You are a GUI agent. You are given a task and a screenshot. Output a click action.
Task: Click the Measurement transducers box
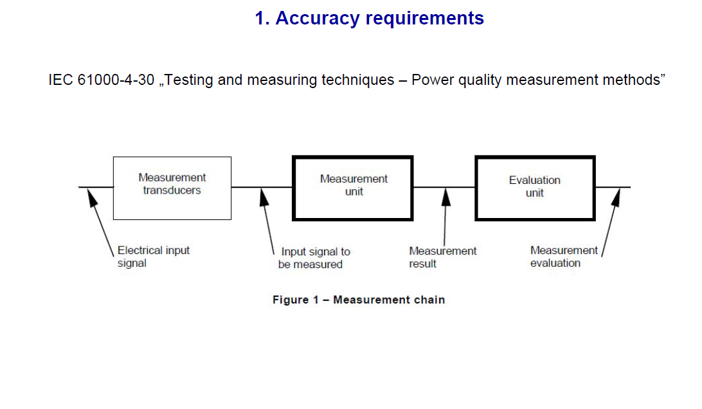172,188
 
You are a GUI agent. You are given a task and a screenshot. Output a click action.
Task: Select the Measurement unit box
353,188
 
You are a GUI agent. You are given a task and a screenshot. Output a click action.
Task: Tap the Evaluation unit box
535,188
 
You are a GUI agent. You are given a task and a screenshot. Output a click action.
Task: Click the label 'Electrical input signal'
154,257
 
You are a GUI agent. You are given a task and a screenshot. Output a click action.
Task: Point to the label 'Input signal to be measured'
313,258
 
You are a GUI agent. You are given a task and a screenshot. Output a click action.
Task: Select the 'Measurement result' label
442,257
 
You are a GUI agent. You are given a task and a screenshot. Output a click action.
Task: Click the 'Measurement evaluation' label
563,257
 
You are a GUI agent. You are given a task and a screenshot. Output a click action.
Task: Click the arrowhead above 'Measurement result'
446,195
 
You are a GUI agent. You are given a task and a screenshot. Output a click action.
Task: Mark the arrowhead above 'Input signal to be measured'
264,195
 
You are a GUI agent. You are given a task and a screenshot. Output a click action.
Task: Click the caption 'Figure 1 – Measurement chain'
358,300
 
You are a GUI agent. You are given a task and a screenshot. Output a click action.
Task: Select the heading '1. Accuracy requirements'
369,19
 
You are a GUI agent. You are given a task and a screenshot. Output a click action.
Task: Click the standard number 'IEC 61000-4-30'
101,80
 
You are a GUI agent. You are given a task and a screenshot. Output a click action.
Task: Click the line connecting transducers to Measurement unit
262,187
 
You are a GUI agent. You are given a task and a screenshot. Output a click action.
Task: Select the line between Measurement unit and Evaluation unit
444,187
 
